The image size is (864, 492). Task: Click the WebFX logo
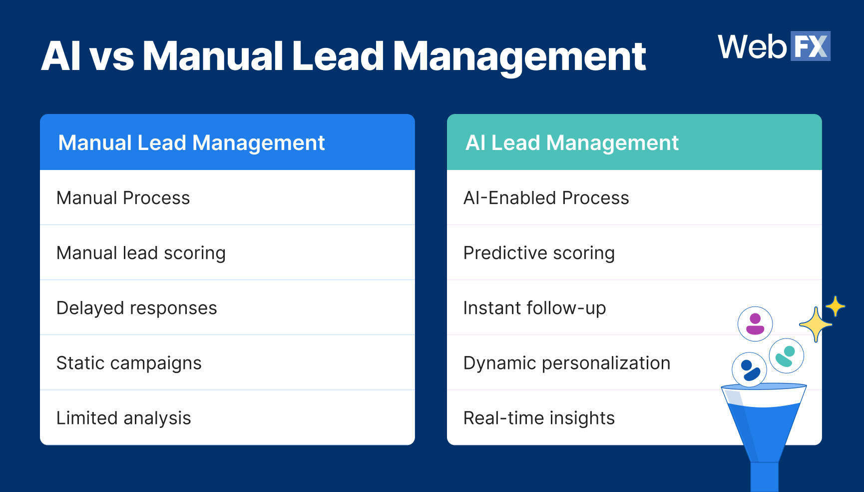(774, 46)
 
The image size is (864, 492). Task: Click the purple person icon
(755, 324)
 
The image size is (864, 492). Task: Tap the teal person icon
(786, 356)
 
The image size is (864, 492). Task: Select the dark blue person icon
(749, 370)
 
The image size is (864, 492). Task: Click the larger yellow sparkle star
(816, 324)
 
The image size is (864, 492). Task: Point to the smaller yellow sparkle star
(835, 306)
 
